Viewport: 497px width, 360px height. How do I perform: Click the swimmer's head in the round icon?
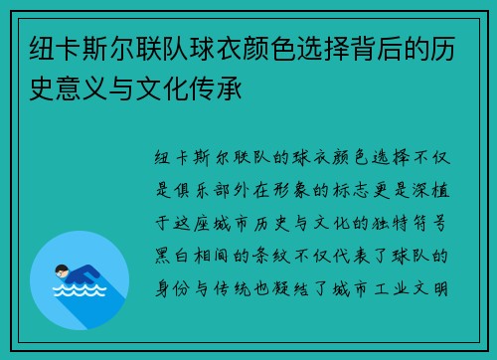point(62,270)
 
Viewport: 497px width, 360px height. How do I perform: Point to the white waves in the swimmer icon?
point(80,292)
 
